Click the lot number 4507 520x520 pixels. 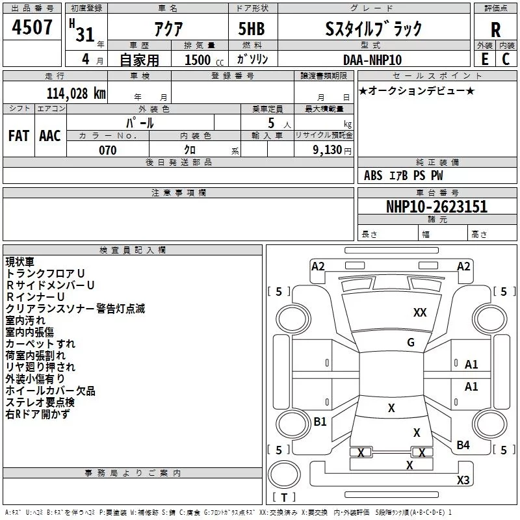coord(32,27)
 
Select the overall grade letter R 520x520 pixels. coord(495,30)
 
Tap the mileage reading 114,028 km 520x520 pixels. coord(76,93)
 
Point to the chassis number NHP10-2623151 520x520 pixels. coord(437,206)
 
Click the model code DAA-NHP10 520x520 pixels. coord(372,60)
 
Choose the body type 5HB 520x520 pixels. coord(252,29)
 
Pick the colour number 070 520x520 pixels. coord(108,150)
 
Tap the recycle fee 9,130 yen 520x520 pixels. coord(332,150)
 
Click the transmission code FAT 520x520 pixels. coord(19,136)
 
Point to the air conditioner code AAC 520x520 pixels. coord(50,136)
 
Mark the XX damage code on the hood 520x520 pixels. coord(420,313)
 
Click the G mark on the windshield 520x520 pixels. coord(411,343)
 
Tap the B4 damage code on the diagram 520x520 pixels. coord(463,445)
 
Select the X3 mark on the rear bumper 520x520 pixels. coord(463,480)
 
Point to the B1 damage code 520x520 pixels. coord(320,421)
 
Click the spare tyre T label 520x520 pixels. coord(284,497)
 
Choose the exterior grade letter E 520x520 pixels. coord(485,59)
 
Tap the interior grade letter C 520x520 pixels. coord(506,59)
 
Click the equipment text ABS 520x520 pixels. coord(373,175)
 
